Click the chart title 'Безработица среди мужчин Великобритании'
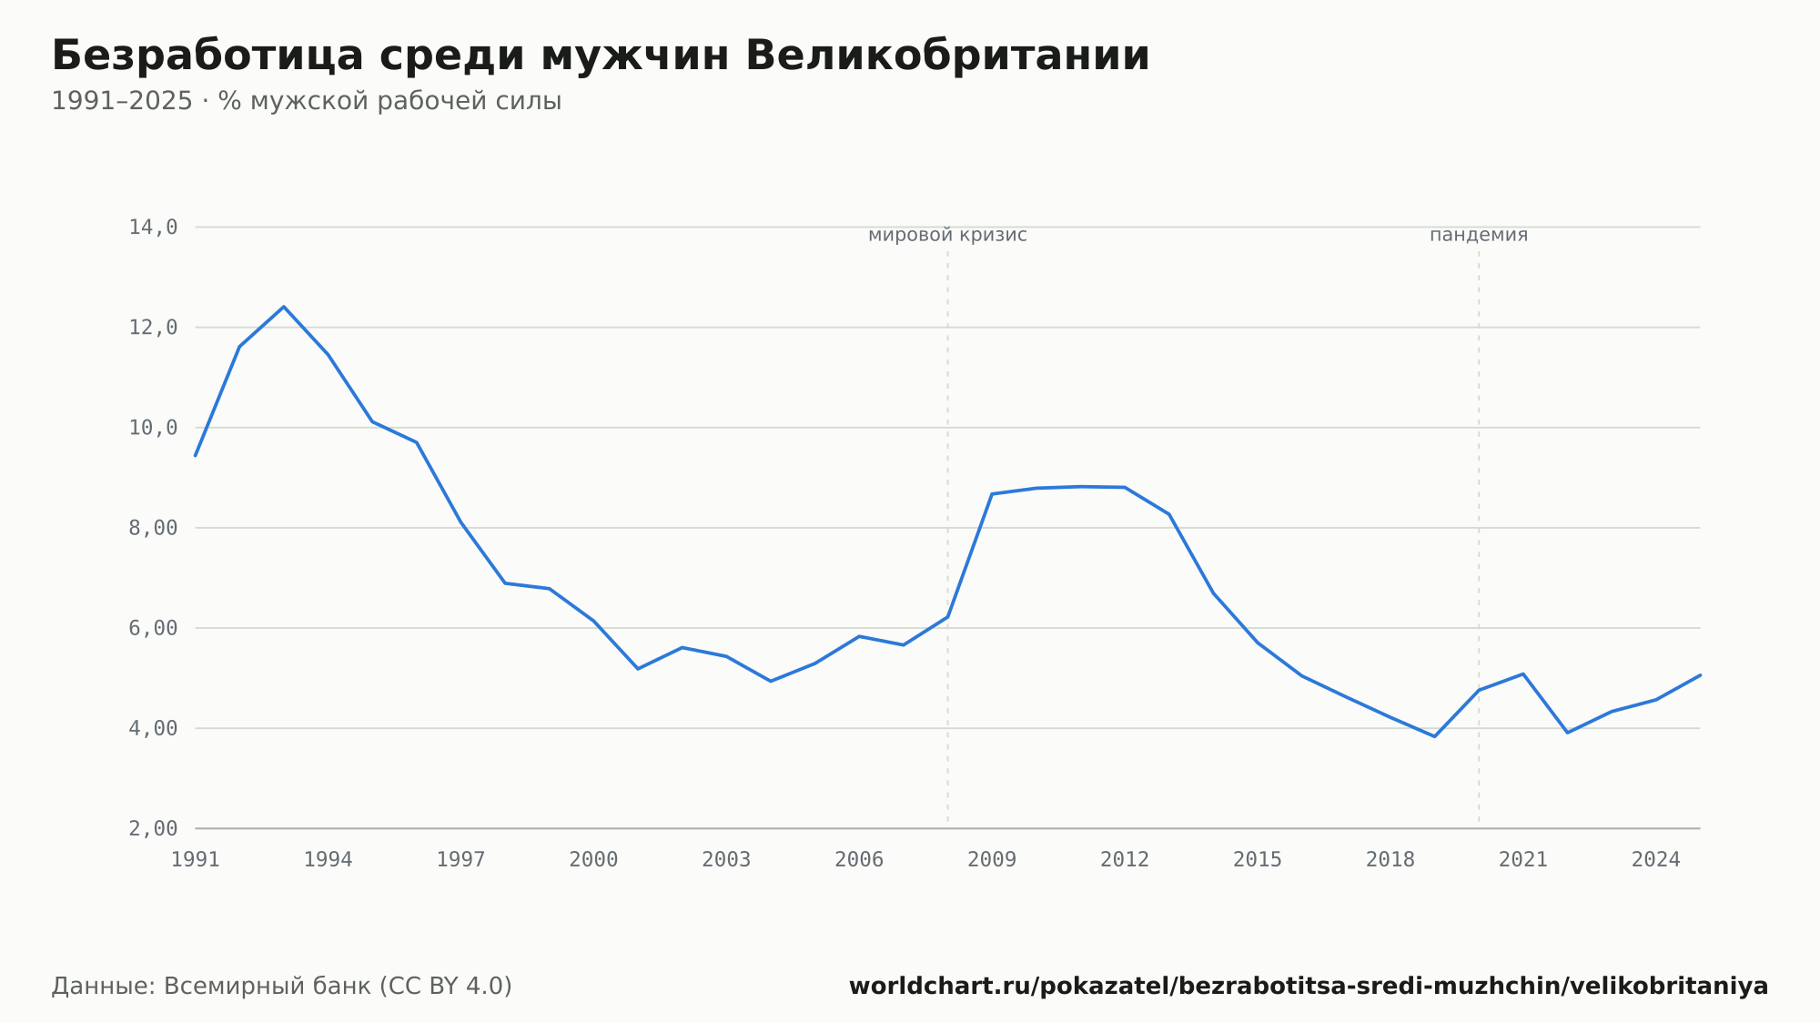tap(601, 56)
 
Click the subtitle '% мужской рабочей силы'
tap(389, 101)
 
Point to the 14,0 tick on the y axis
tap(153, 228)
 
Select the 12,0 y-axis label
tap(153, 328)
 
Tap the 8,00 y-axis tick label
tap(153, 528)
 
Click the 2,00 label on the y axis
tap(153, 828)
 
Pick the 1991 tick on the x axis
tap(196, 860)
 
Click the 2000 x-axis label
tap(593, 860)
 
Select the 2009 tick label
tap(992, 860)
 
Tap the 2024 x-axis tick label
tap(1656, 860)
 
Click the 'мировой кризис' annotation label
tap(947, 235)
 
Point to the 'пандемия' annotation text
tap(1479, 235)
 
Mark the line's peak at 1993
tap(284, 307)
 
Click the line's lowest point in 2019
tap(1434, 736)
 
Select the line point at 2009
tap(992, 494)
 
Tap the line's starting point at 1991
tap(196, 455)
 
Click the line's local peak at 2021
tap(1523, 674)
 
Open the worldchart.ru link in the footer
tap(1309, 987)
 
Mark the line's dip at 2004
tap(771, 681)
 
